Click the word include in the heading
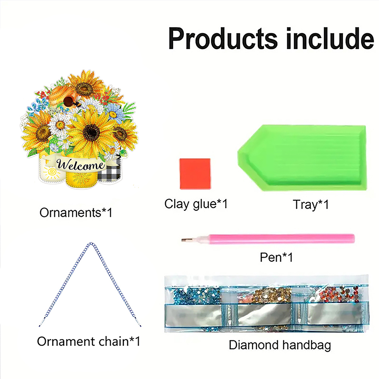[330, 38]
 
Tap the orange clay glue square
[195, 174]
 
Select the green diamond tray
[302, 158]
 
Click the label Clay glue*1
[196, 204]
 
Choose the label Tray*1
[310, 204]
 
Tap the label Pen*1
[276, 257]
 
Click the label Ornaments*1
[76, 212]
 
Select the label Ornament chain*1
[89, 341]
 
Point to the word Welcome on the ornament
[81, 165]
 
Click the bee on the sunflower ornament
[77, 103]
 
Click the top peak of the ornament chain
[91, 243]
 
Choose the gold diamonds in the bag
[270, 295]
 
